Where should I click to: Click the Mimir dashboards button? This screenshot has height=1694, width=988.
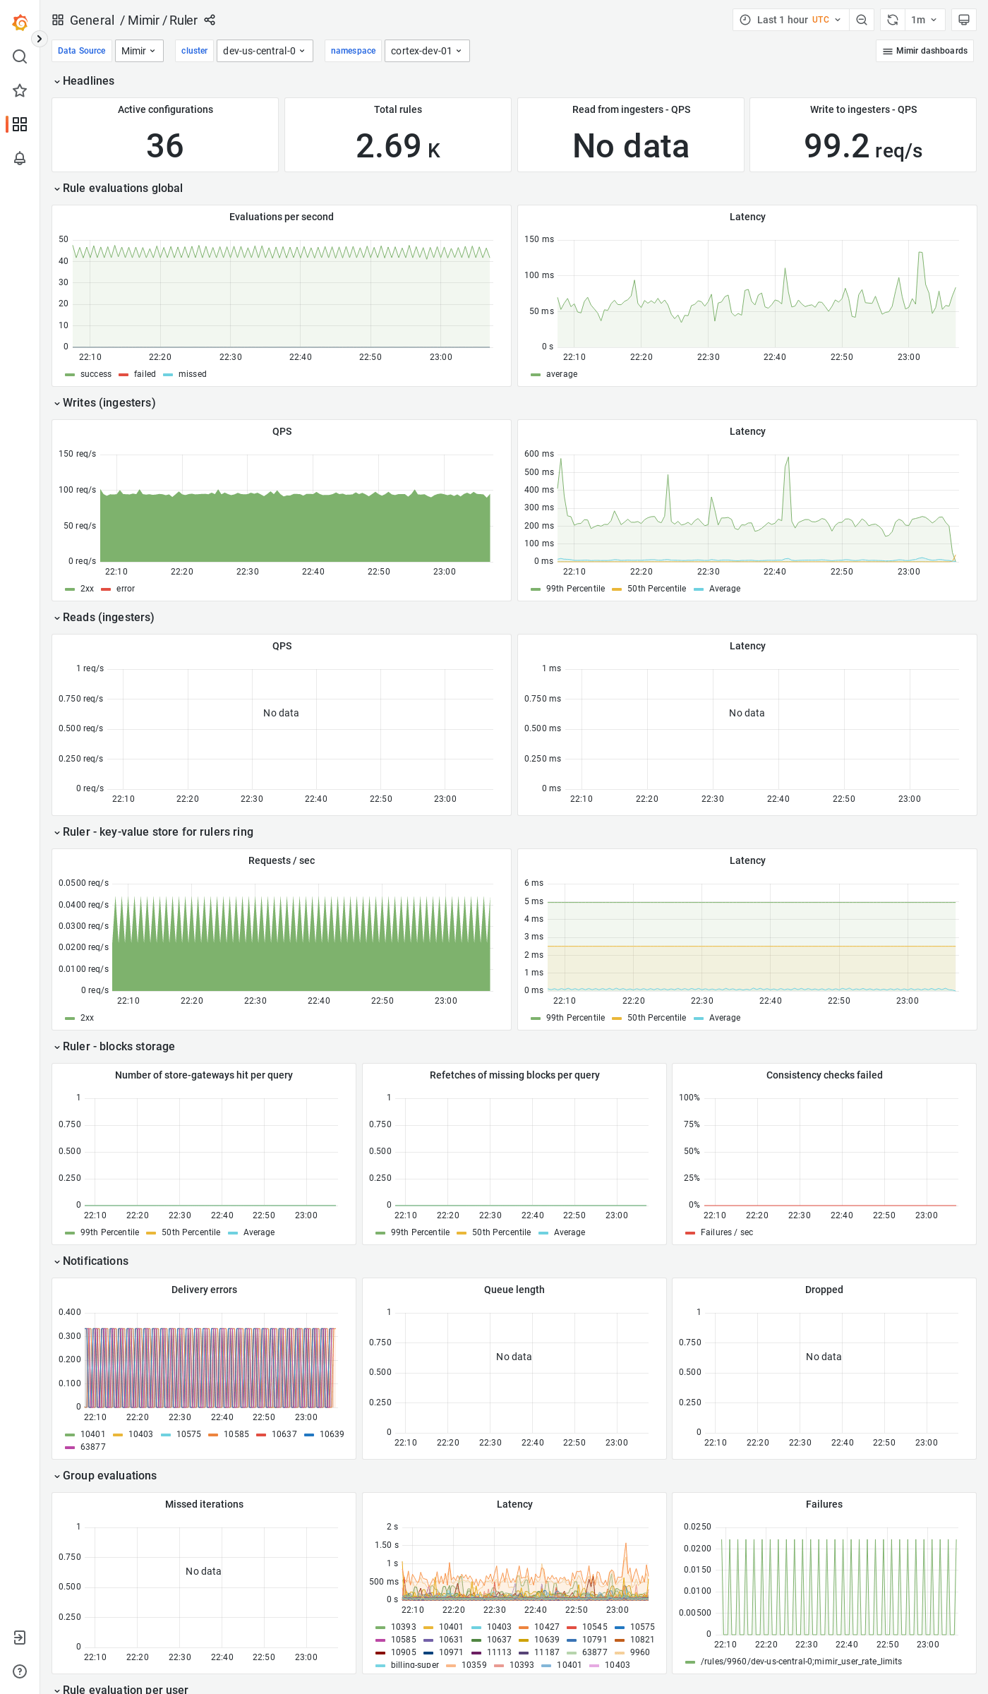pyautogui.click(x=924, y=51)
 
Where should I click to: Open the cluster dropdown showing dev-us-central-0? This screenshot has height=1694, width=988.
pyautogui.click(x=264, y=51)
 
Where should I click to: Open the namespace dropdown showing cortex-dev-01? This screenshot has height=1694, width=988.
pyautogui.click(x=426, y=51)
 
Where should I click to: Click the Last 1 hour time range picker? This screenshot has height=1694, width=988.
pyautogui.click(x=790, y=20)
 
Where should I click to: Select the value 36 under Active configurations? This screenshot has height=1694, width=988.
pyautogui.click(x=164, y=146)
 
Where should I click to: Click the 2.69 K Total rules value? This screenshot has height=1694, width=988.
pyautogui.click(x=397, y=146)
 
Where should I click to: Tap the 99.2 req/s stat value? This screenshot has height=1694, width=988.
pyautogui.click(x=862, y=146)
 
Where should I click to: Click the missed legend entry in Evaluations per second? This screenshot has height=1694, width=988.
pyautogui.click(x=192, y=374)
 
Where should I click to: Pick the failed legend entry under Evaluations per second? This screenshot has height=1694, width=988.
pyautogui.click(x=145, y=374)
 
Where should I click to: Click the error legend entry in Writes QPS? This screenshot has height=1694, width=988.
pyautogui.click(x=125, y=589)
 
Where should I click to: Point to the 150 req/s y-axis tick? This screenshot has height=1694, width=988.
pyautogui.click(x=77, y=454)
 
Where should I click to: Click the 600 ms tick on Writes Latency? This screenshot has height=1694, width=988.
pyautogui.click(x=538, y=454)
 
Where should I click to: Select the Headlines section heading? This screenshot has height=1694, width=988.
pyautogui.click(x=88, y=81)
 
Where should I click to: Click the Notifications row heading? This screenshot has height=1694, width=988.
pyautogui.click(x=95, y=1261)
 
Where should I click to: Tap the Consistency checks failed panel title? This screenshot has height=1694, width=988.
pyautogui.click(x=824, y=1075)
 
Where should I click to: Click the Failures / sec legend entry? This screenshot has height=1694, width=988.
pyautogui.click(x=726, y=1232)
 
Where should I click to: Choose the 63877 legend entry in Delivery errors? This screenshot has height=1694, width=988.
pyautogui.click(x=92, y=1447)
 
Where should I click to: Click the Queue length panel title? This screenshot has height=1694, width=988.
pyautogui.click(x=514, y=1290)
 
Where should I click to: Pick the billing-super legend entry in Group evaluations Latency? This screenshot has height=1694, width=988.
pyautogui.click(x=414, y=1665)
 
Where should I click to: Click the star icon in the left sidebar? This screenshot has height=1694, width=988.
pyautogui.click(x=20, y=90)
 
